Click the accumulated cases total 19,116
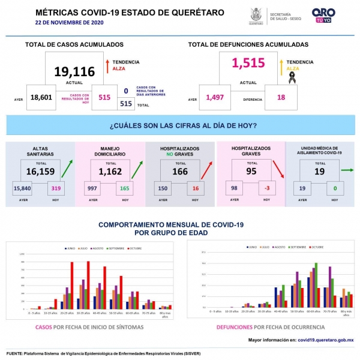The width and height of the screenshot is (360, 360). point(74,72)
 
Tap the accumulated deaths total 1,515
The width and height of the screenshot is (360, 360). point(248,62)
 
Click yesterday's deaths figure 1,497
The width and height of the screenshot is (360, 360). point(217,97)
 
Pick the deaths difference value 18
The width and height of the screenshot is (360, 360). point(281,97)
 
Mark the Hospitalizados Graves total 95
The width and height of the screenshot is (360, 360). point(251,171)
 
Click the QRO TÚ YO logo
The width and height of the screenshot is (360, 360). point(323,15)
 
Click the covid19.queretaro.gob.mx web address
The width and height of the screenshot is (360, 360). point(325,340)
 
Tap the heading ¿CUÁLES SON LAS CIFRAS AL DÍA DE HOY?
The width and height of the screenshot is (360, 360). point(184,125)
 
